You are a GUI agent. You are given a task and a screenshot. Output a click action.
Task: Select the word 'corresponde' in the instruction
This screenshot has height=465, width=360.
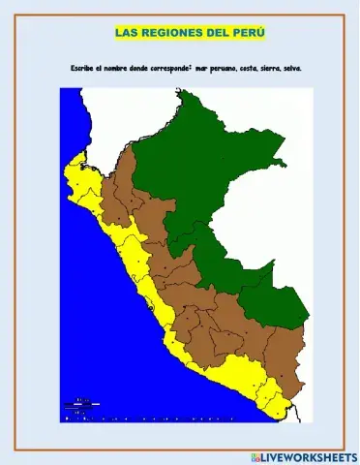pos(173,69)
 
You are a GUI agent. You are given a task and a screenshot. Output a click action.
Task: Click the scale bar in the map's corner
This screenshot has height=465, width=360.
pos(81,406)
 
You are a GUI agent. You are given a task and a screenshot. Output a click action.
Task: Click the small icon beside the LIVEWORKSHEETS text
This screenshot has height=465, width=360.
pos(255,455)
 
